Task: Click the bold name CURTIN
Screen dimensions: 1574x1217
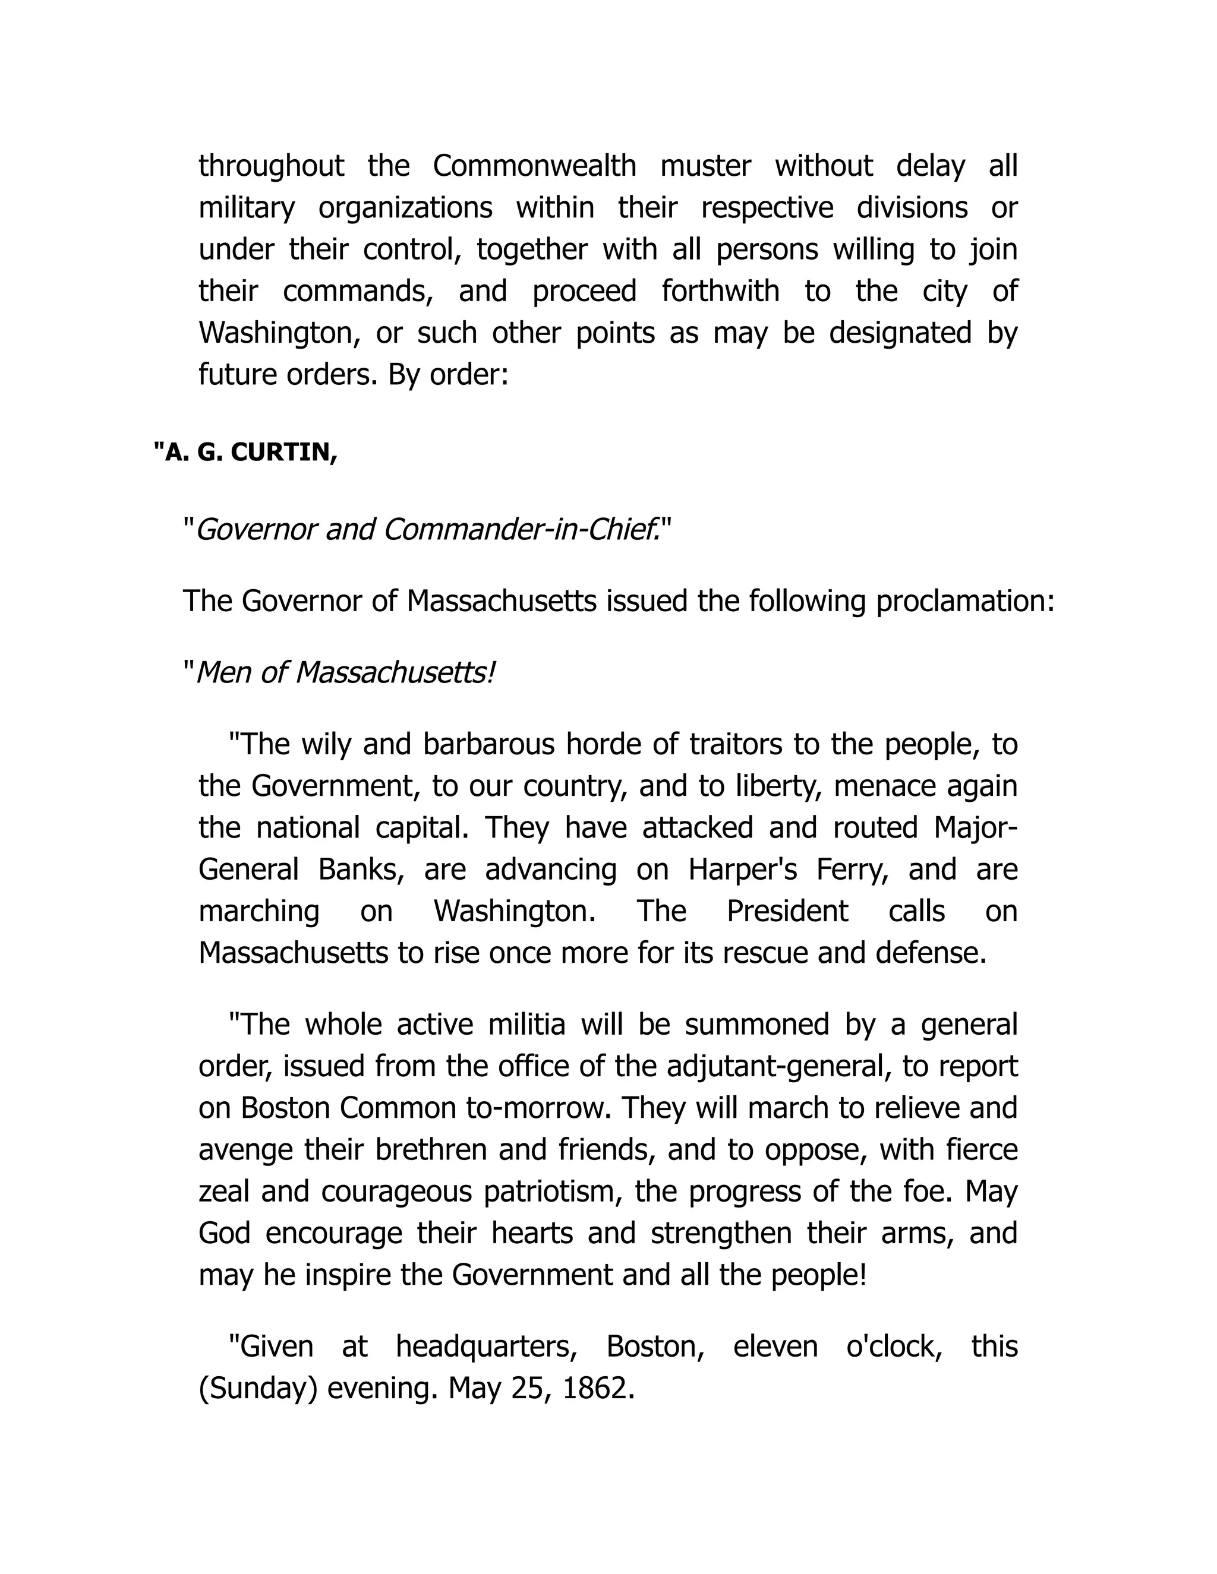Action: click(x=283, y=453)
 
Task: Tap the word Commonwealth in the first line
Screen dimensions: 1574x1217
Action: click(x=534, y=166)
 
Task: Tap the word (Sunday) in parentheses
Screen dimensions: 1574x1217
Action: click(x=257, y=1388)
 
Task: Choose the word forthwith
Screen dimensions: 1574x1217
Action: click(x=720, y=292)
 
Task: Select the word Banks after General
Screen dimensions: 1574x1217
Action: click(x=361, y=870)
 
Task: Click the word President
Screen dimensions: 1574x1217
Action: click(x=787, y=912)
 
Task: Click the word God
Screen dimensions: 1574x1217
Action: click(x=224, y=1233)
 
